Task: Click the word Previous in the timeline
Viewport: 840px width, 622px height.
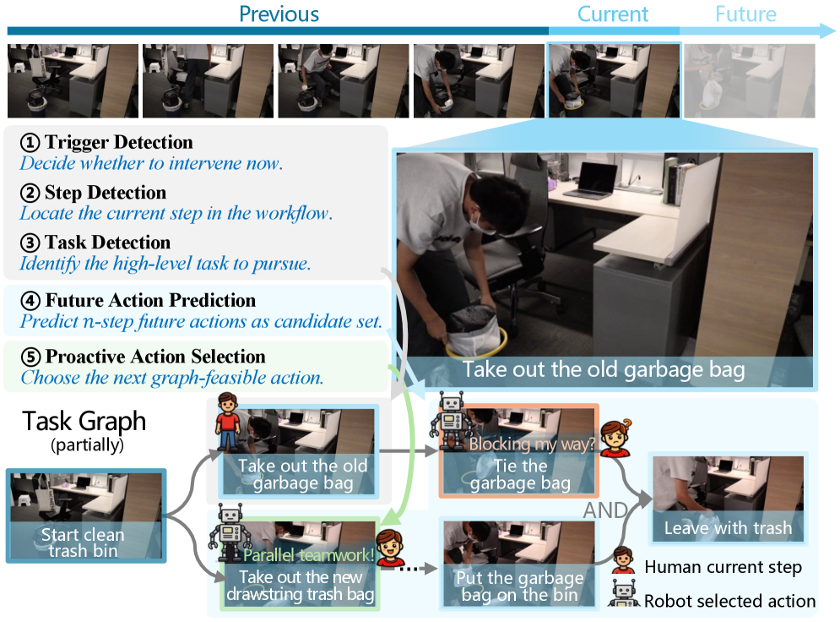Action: click(279, 14)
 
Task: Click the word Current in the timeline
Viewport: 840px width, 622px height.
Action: click(612, 14)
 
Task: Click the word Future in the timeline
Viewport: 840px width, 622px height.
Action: click(745, 14)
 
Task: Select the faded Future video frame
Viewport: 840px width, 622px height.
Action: click(750, 80)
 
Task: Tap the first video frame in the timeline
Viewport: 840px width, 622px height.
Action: click(73, 80)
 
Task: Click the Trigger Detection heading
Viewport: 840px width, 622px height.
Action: click(106, 142)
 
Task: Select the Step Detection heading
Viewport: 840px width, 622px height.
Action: click(93, 193)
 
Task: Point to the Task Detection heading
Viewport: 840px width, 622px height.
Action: click(95, 243)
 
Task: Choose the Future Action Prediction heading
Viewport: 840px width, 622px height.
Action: click(138, 300)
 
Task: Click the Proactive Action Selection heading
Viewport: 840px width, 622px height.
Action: click(143, 357)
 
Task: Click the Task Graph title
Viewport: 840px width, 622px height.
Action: click(84, 421)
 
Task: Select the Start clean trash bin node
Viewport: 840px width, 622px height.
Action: click(86, 516)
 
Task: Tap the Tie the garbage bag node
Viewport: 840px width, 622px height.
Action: click(518, 450)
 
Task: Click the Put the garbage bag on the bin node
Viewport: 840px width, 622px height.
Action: click(519, 564)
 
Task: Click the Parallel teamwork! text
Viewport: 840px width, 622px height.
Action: click(308, 555)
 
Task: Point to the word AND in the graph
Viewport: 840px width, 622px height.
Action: click(605, 510)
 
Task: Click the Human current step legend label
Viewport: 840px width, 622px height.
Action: click(723, 567)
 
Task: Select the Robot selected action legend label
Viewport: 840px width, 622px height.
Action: click(729, 601)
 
